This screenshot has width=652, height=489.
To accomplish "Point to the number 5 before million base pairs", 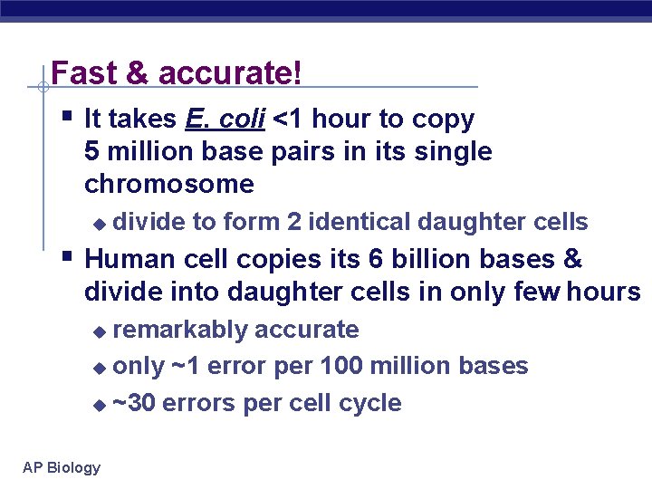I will point(91,152).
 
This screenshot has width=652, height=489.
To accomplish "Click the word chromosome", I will point(169,185).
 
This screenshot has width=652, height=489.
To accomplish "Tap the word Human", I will point(129,259).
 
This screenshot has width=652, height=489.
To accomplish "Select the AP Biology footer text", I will point(62,467).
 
